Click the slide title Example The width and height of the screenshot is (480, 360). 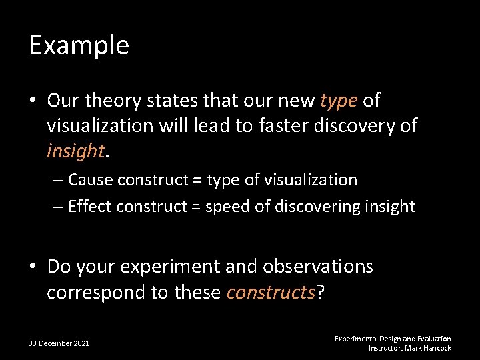pyautogui.click(x=79, y=45)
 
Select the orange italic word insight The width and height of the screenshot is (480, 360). pyautogui.click(x=75, y=152)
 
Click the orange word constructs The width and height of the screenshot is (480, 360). pyautogui.click(x=270, y=293)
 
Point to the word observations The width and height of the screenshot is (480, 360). pyautogui.click(x=318, y=267)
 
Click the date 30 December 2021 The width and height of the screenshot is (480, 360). pyautogui.click(x=59, y=343)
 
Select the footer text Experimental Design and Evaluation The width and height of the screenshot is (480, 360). pyautogui.click(x=393, y=339)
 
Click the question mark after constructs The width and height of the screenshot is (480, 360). pyautogui.click(x=320, y=293)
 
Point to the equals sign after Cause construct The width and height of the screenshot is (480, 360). pyautogui.click(x=197, y=180)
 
